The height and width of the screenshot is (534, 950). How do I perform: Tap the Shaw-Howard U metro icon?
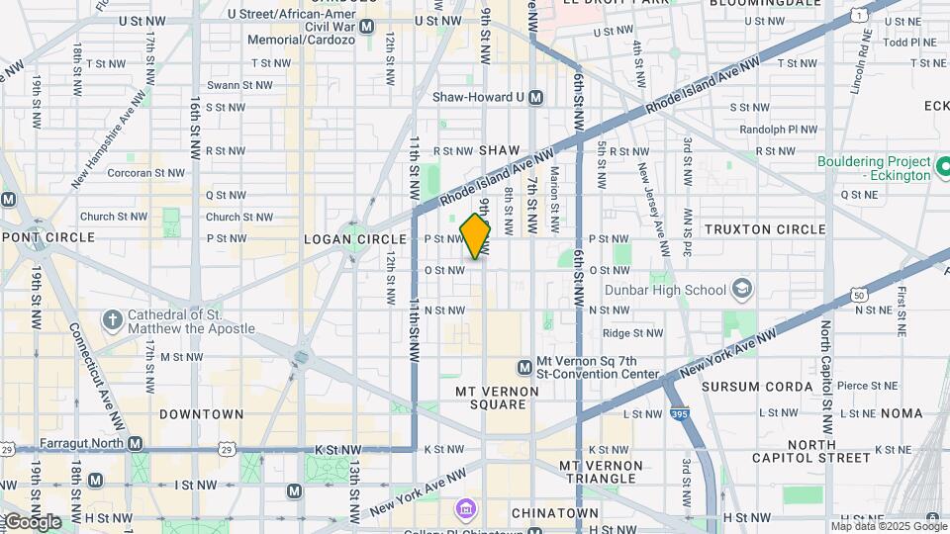pos(535,97)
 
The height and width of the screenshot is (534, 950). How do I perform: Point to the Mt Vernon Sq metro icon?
pos(524,368)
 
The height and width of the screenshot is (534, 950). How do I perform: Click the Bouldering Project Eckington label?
pos(874,168)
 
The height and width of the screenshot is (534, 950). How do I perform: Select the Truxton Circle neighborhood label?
pos(764,229)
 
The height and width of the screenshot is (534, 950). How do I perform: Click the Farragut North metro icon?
pos(135,443)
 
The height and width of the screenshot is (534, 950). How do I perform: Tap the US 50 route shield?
pos(857,295)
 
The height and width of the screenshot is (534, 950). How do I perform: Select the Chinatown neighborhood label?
pos(554,513)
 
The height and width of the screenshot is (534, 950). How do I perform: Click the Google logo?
pos(32,521)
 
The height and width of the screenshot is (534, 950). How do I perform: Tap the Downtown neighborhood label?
pos(201,414)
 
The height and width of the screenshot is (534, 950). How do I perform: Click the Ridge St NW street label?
pos(631,334)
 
